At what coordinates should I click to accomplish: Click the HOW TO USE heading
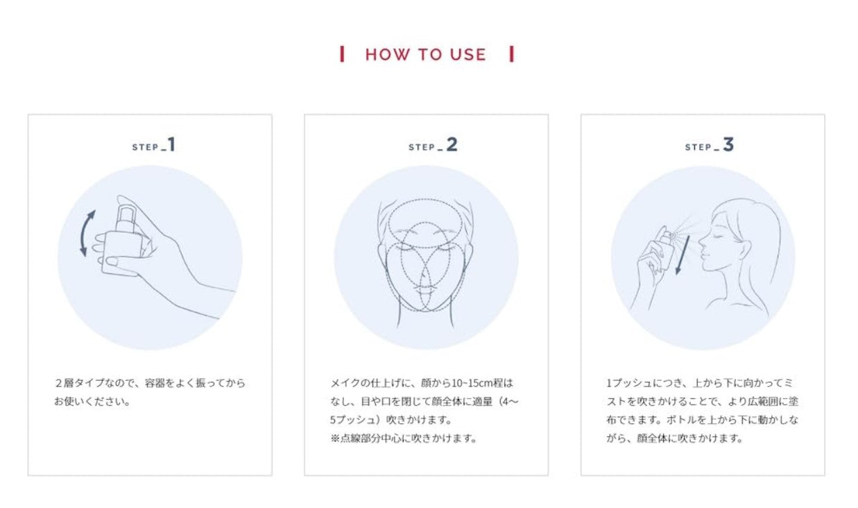tap(426, 54)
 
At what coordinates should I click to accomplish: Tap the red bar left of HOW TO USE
tap(342, 54)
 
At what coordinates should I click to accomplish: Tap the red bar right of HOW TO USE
tap(511, 54)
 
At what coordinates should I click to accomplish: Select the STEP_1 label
tap(153, 145)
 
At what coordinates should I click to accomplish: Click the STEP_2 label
tap(433, 145)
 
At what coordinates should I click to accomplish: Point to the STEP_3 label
tap(710, 145)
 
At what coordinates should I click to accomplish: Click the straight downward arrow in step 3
tap(683, 255)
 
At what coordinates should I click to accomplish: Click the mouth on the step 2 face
tap(424, 287)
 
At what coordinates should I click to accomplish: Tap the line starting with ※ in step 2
tap(404, 438)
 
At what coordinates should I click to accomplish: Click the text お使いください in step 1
tap(91, 401)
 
